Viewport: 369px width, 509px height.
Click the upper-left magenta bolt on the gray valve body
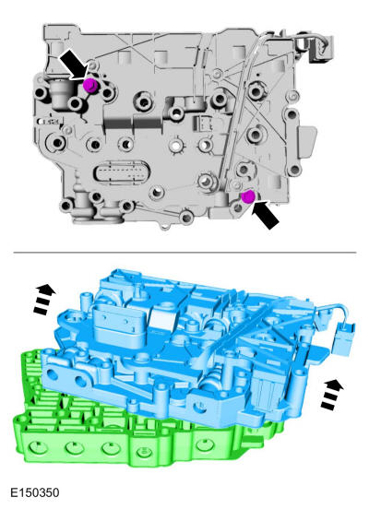89,85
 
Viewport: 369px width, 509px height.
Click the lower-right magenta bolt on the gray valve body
248,196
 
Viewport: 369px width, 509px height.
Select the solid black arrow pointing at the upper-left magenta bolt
75,65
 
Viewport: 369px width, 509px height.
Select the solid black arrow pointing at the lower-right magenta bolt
267,214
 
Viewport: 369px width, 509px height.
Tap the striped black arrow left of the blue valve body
44,299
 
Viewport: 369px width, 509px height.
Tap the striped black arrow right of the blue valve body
332,394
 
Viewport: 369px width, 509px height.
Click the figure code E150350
35,492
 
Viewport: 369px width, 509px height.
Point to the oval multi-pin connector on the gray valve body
122,172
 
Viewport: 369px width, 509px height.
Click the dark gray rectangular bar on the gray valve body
133,124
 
